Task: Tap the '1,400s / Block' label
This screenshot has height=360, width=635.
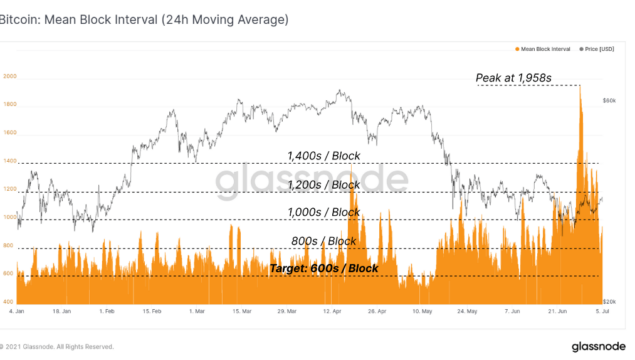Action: (x=323, y=156)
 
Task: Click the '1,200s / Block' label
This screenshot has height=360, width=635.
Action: (x=323, y=184)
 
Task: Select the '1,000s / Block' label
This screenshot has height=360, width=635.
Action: (x=323, y=212)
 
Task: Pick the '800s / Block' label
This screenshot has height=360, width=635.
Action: (x=323, y=241)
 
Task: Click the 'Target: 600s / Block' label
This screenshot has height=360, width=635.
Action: (x=323, y=268)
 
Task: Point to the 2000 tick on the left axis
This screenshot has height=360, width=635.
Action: (x=9, y=77)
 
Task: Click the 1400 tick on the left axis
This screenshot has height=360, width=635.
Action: (x=9, y=162)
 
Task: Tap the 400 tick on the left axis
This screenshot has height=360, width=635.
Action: (x=8, y=302)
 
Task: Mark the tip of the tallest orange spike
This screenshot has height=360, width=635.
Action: (x=580, y=86)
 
